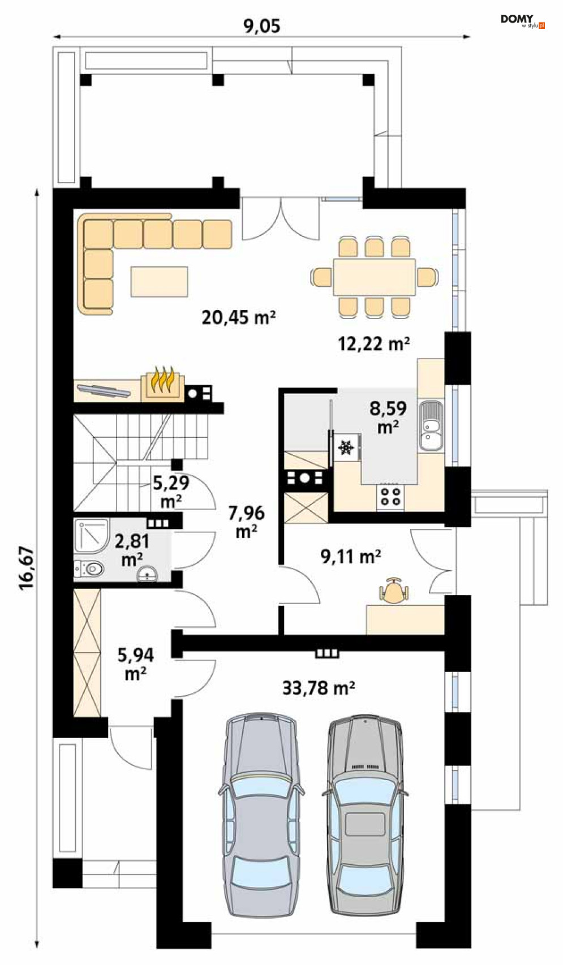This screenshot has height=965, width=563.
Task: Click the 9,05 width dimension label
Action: [261, 26]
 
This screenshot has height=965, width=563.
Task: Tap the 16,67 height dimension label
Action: [27, 568]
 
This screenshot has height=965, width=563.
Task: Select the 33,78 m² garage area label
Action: [319, 688]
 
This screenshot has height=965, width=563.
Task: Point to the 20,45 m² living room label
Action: [238, 317]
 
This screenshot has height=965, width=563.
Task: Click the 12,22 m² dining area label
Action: [374, 344]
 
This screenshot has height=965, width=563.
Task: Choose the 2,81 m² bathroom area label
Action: [132, 550]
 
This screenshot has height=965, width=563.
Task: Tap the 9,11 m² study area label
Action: [350, 557]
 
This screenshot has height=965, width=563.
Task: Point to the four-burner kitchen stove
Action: [390, 496]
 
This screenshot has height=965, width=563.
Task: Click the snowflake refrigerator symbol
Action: [346, 447]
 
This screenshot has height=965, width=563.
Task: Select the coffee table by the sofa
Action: [159, 281]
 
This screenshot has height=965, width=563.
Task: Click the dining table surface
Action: [374, 277]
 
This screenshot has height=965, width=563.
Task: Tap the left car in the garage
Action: [261, 821]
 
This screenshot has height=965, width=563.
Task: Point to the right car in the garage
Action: [365, 821]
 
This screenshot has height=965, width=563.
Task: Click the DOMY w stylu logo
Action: [523, 21]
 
